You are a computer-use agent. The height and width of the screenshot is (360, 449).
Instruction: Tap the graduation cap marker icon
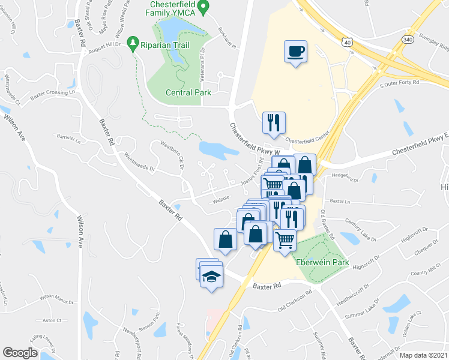click(x=211, y=277)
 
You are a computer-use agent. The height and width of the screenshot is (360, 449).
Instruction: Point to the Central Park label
click(x=188, y=92)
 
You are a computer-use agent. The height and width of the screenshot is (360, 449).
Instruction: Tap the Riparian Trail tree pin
click(x=133, y=43)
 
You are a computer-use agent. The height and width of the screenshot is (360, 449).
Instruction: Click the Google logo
click(x=20, y=353)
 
